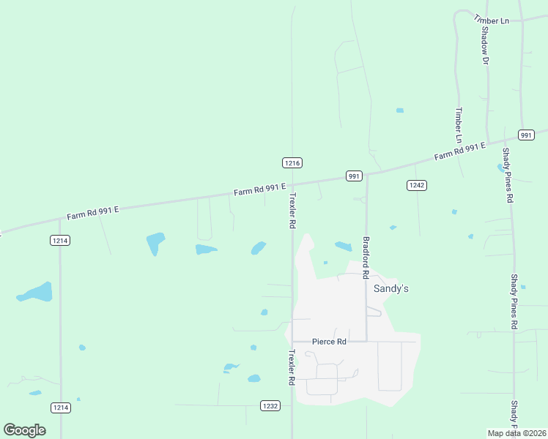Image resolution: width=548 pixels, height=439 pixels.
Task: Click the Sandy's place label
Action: (391, 289)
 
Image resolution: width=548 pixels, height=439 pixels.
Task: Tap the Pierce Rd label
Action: (329, 342)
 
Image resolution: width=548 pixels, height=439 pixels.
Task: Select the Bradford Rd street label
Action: (365, 258)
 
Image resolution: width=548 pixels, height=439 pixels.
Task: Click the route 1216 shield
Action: (292, 162)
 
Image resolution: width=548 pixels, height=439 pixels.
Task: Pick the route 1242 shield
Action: (416, 186)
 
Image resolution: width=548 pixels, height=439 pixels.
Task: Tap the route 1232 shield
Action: (270, 405)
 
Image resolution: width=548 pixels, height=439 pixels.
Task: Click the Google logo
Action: (24, 429)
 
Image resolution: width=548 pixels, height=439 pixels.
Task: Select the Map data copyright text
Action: (516, 433)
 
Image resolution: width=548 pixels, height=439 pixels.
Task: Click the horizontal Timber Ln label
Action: (492, 20)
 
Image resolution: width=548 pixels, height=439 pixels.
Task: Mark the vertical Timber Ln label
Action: (459, 125)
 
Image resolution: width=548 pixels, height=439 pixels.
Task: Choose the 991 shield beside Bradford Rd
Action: (354, 176)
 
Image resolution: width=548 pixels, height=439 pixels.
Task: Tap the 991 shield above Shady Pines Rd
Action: (526, 135)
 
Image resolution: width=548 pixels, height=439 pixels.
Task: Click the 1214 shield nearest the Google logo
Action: (60, 407)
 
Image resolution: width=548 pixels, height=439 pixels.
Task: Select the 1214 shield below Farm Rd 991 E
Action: (60, 240)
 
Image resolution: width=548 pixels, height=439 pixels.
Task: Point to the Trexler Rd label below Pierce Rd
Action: (292, 367)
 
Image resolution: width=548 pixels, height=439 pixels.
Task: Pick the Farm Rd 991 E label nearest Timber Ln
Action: (460, 151)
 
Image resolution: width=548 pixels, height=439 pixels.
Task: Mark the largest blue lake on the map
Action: (36, 293)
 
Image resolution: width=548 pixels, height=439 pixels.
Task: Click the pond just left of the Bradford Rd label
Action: (343, 247)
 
